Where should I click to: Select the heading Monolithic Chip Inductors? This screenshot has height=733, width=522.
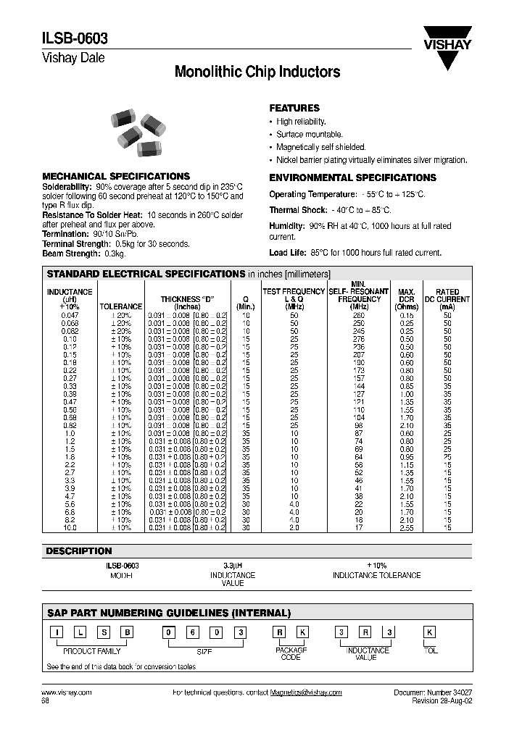click(x=257, y=72)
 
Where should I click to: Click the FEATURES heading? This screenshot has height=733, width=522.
click(x=294, y=108)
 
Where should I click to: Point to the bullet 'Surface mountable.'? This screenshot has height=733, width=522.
click(x=310, y=135)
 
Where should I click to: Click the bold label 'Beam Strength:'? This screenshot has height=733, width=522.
click(x=71, y=254)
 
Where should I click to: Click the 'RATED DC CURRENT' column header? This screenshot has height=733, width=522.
click(x=447, y=299)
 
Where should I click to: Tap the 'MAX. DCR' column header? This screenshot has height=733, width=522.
click(x=406, y=299)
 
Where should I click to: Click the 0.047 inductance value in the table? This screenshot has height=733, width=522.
click(x=70, y=316)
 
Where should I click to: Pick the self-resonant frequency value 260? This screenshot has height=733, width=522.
click(x=359, y=316)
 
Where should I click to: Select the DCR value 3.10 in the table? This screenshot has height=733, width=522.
click(x=406, y=426)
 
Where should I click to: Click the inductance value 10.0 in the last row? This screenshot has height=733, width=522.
click(x=70, y=528)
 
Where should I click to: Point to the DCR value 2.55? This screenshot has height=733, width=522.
click(x=406, y=528)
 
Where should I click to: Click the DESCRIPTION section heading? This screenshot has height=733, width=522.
click(x=80, y=551)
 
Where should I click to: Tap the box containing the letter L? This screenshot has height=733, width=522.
click(x=80, y=633)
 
